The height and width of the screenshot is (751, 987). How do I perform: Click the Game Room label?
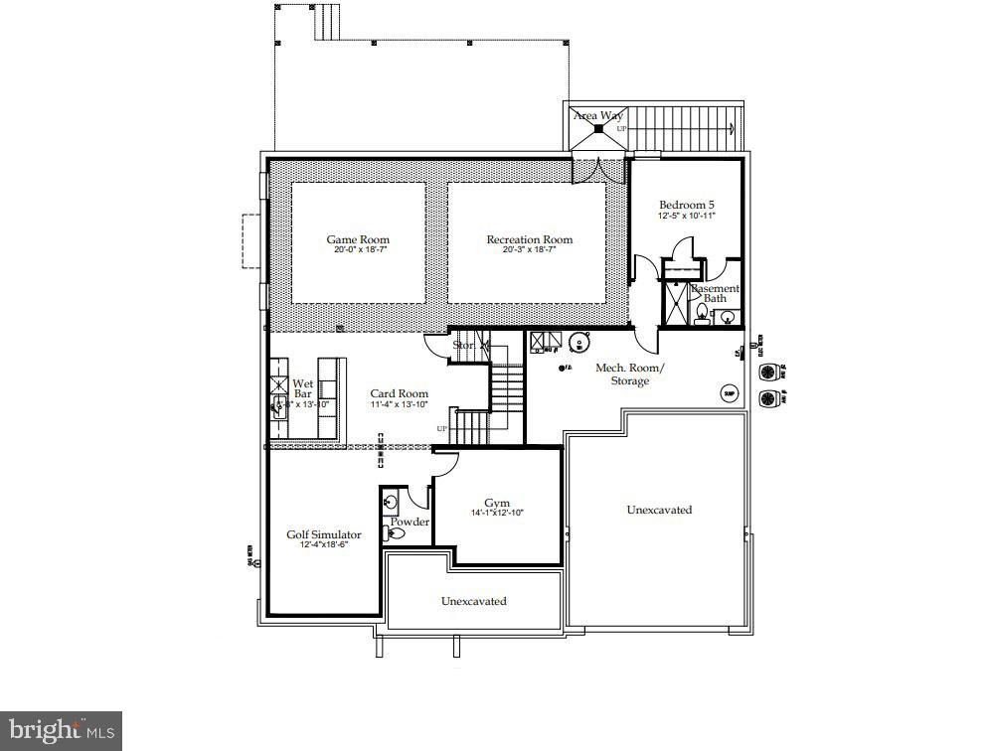point(358,239)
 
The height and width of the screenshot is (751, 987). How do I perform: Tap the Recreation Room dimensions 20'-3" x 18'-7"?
point(529,250)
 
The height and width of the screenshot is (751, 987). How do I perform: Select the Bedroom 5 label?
point(687,205)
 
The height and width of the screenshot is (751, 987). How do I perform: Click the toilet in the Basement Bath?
point(702,315)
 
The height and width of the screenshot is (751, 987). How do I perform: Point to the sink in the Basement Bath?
point(728,318)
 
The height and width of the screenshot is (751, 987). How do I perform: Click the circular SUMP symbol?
point(730,393)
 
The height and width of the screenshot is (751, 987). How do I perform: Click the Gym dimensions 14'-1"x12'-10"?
point(497,514)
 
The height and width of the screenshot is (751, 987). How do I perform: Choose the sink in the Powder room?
point(391,502)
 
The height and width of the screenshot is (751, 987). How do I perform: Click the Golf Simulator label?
point(324,534)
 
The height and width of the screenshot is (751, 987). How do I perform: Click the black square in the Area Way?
point(598,129)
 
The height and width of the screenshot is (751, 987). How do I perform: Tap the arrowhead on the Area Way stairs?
point(732,127)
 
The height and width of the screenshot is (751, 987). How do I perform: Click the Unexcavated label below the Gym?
point(474,601)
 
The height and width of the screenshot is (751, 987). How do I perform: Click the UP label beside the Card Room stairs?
point(441,428)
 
